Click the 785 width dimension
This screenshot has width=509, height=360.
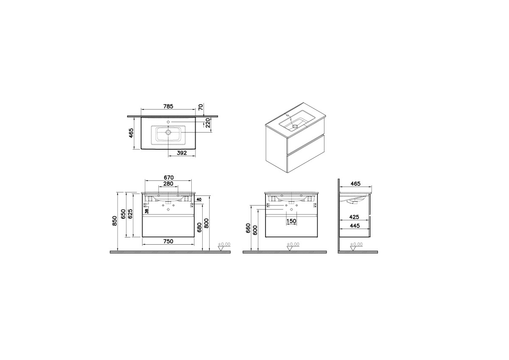tap(168, 106)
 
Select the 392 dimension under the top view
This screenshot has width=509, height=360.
tap(182, 153)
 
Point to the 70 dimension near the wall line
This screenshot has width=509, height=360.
tap(201, 107)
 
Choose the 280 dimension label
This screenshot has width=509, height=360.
tap(168, 184)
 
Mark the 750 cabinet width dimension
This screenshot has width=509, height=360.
tap(168, 241)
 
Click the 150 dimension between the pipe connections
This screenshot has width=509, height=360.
tap(291, 221)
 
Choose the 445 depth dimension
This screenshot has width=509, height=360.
tap(355, 226)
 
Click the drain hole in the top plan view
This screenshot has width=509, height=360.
tap(168, 132)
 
